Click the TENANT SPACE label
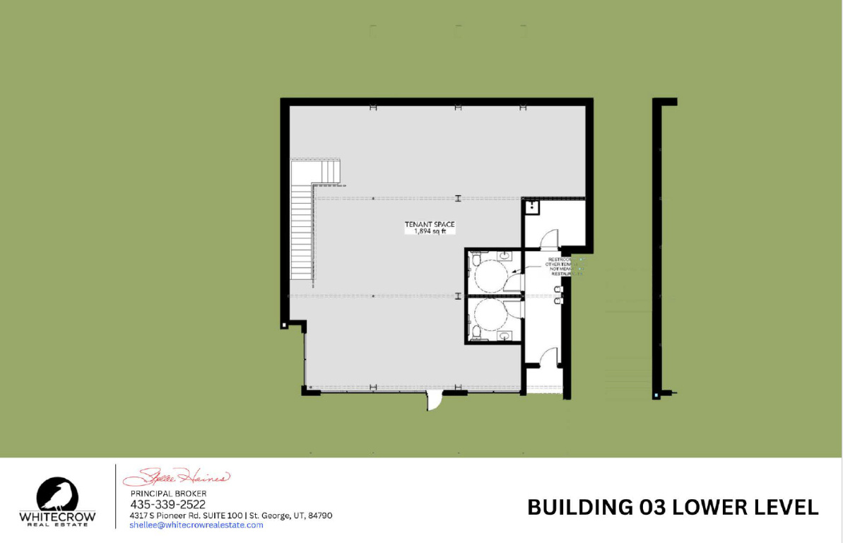pyautogui.click(x=429, y=225)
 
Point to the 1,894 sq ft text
pyautogui.click(x=429, y=232)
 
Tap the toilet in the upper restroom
pyautogui.click(x=476, y=259)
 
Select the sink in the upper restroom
pyautogui.click(x=505, y=255)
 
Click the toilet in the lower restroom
pyautogui.click(x=476, y=332)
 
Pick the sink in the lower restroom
pyautogui.click(x=505, y=335)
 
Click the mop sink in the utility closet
pyautogui.click(x=532, y=207)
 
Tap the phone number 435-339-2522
pyautogui.click(x=167, y=504)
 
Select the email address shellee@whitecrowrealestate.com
pyautogui.click(x=196, y=525)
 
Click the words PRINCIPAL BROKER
pyautogui.click(x=168, y=493)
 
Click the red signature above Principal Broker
pyautogui.click(x=177, y=476)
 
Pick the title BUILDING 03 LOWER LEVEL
pyautogui.click(x=673, y=507)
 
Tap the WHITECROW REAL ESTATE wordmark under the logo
pyautogui.click(x=58, y=520)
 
